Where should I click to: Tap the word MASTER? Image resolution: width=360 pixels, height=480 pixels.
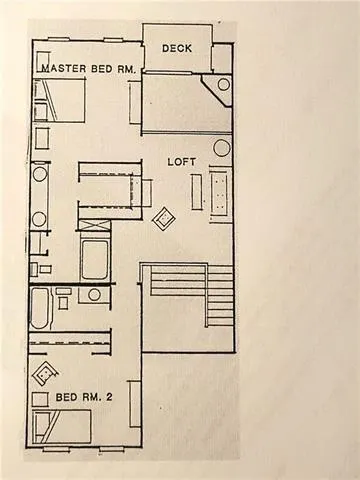click(61, 68)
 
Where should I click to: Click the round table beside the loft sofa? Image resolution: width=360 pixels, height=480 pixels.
click(221, 148)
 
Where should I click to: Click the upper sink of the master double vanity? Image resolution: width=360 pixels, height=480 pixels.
click(40, 173)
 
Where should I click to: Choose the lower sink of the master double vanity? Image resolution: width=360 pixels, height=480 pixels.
click(40, 218)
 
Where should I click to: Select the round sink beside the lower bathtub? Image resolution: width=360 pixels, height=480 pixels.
click(95, 295)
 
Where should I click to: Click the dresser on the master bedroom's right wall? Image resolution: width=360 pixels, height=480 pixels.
click(135, 102)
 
